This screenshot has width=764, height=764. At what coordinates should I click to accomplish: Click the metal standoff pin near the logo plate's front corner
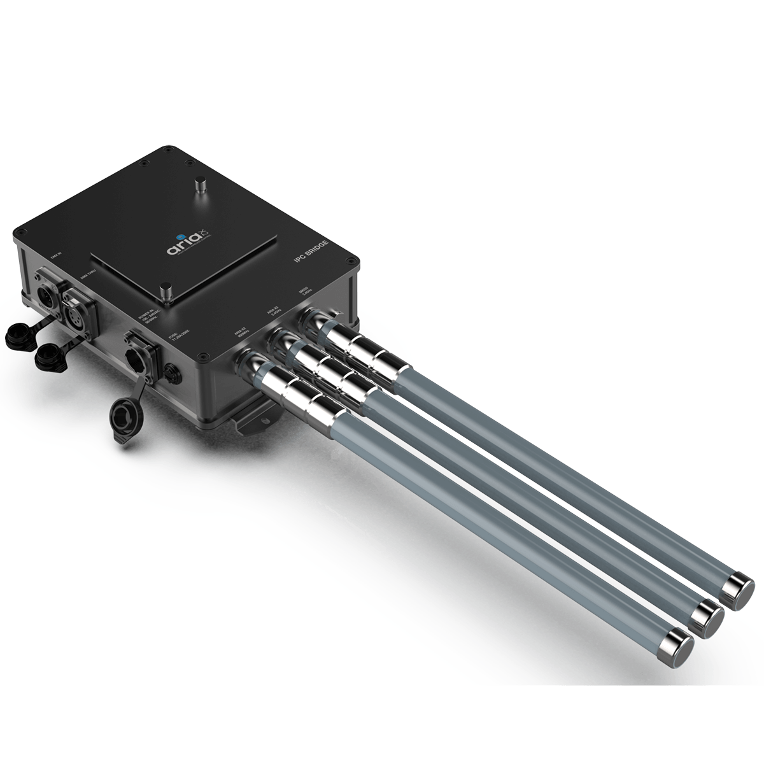click(166, 292)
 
